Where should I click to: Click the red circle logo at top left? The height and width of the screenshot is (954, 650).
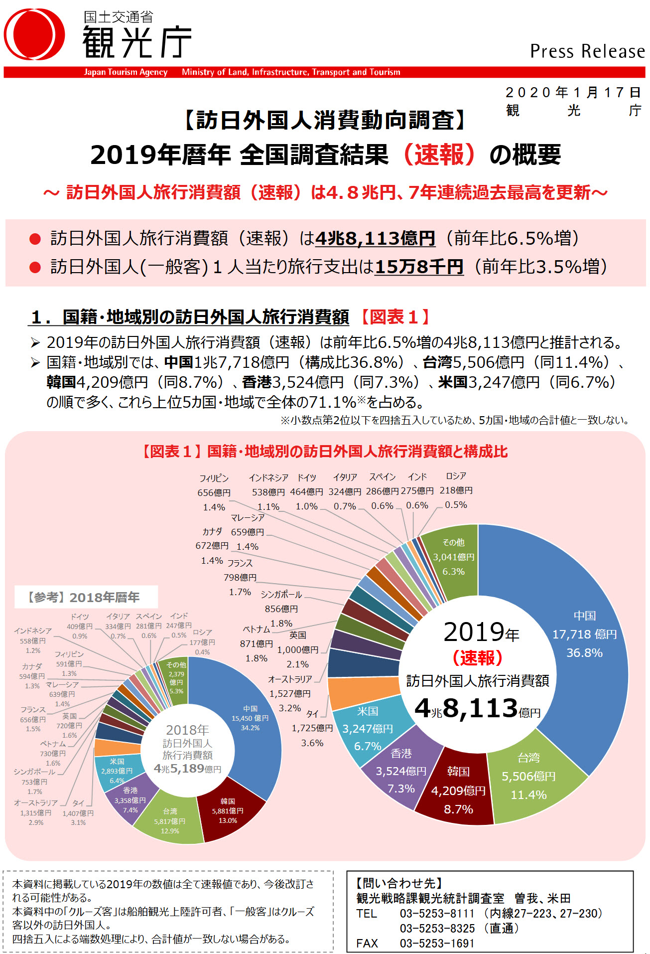pyautogui.click(x=34, y=34)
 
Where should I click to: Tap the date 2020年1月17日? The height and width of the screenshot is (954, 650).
pyautogui.click(x=573, y=93)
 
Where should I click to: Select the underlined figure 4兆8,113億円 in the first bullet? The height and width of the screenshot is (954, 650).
pyautogui.click(x=375, y=238)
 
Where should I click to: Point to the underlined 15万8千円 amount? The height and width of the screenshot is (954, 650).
pyautogui.click(x=418, y=267)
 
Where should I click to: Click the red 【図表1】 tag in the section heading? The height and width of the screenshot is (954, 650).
pyautogui.click(x=393, y=317)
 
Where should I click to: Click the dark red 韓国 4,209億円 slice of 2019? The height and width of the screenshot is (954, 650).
pyautogui.click(x=458, y=790)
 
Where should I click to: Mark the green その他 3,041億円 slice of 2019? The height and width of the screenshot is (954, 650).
pyautogui.click(x=453, y=557)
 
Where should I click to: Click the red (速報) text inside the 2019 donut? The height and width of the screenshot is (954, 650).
pyautogui.click(x=477, y=658)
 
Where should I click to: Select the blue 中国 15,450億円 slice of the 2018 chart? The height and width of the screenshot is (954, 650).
pyautogui.click(x=250, y=718)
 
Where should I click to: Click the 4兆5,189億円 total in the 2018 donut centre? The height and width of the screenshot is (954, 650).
pyautogui.click(x=187, y=769)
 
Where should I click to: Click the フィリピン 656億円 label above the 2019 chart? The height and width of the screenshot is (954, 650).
pyautogui.click(x=214, y=492)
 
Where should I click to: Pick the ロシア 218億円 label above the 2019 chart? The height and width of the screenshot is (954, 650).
pyautogui.click(x=456, y=490)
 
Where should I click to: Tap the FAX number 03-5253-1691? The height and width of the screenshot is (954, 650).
pyautogui.click(x=437, y=943)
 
